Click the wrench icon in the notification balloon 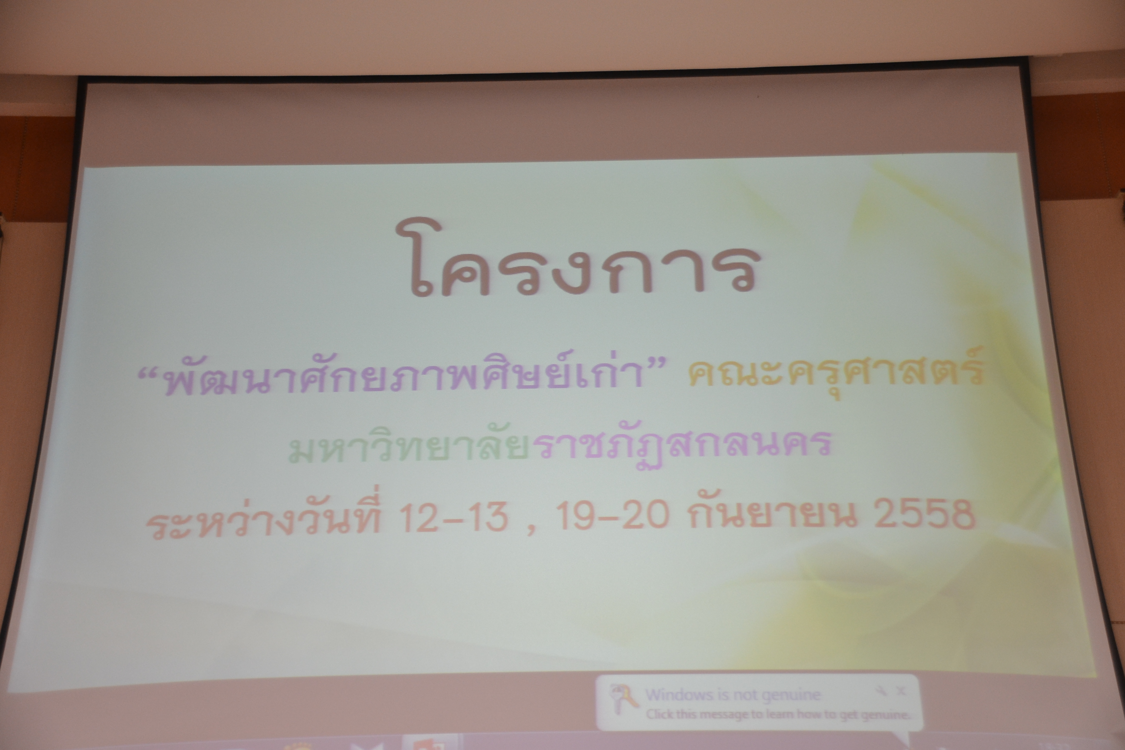click(881, 690)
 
